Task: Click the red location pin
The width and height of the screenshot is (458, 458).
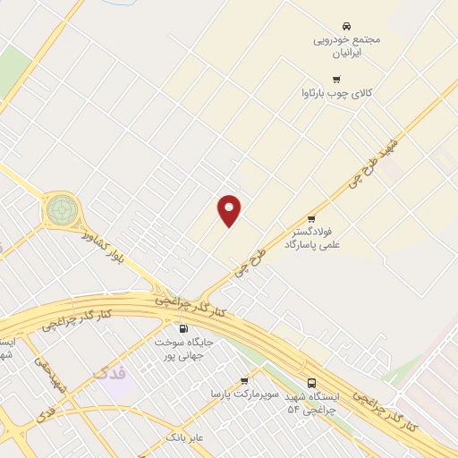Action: pos(230,210)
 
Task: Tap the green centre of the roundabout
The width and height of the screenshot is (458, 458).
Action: pos(61,210)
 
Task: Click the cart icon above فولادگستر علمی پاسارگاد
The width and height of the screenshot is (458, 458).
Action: pos(311,218)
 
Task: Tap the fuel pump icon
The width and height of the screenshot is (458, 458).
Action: pos(183,328)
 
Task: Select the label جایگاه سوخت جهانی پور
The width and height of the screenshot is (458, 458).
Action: pos(183,349)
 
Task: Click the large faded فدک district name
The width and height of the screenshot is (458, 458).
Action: pos(111,370)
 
